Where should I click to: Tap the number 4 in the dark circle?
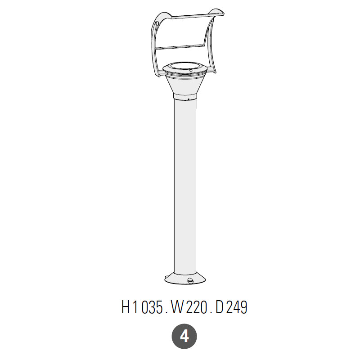184,337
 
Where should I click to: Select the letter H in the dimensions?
126,307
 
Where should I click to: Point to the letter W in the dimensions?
177,307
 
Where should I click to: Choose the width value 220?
197,307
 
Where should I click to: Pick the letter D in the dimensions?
219,307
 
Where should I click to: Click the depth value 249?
237,307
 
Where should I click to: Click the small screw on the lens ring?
190,71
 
